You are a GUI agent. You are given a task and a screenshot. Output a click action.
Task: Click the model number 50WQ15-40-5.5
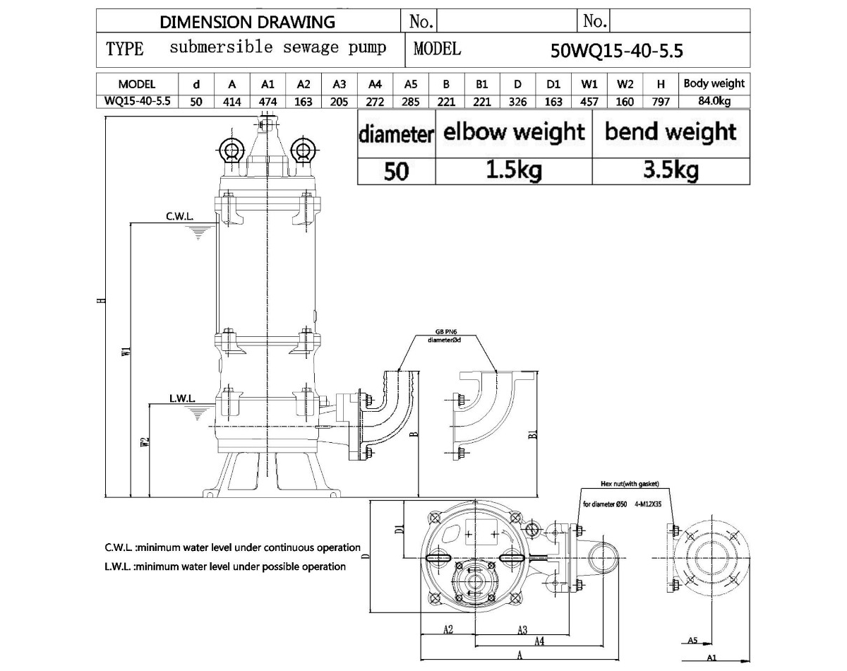pyautogui.click(x=616, y=50)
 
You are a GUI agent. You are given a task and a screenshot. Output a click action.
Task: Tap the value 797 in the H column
pyautogui.click(x=661, y=101)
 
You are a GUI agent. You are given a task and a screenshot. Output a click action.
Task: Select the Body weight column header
pyautogui.click(x=714, y=83)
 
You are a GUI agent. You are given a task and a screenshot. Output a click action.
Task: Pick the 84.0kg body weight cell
pyautogui.click(x=714, y=101)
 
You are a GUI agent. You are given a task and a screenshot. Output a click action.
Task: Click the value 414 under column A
pyautogui.click(x=232, y=101)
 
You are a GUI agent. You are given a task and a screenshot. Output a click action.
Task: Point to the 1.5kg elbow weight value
pyautogui.click(x=513, y=170)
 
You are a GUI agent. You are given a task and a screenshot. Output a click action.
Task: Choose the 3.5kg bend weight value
pyautogui.click(x=671, y=170)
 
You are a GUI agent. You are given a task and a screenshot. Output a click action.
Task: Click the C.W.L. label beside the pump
pyautogui.click(x=180, y=216)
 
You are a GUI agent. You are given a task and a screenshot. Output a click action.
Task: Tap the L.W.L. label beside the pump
pyautogui.click(x=181, y=398)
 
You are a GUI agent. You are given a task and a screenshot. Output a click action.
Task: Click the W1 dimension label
pyautogui.click(x=125, y=351)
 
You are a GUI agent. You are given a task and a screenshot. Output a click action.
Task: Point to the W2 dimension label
pyautogui.click(x=144, y=442)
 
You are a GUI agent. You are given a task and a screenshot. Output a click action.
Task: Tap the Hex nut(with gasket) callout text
pyautogui.click(x=629, y=485)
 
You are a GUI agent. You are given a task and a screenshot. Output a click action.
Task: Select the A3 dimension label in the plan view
pyautogui.click(x=522, y=629)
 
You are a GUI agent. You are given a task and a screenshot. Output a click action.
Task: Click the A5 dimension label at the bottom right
pyautogui.click(x=692, y=641)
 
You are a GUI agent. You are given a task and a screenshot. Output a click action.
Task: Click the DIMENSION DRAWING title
pyautogui.click(x=248, y=22)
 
